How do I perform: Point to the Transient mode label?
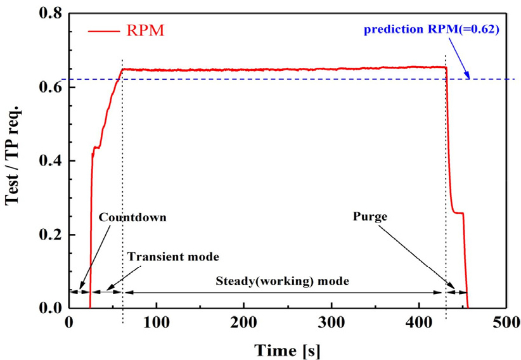[x=172, y=257]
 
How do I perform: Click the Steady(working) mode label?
[x=283, y=280]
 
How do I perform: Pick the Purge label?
[x=370, y=216]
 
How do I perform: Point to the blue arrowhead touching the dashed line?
[x=468, y=76]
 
